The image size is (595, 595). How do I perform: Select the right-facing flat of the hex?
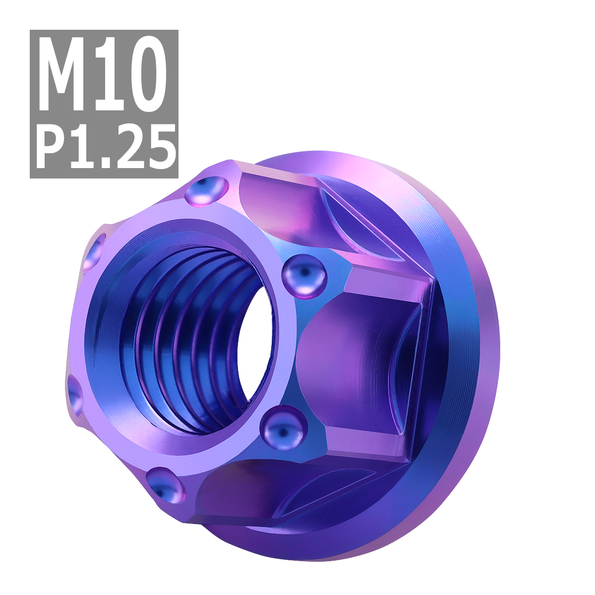[x=357, y=357]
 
